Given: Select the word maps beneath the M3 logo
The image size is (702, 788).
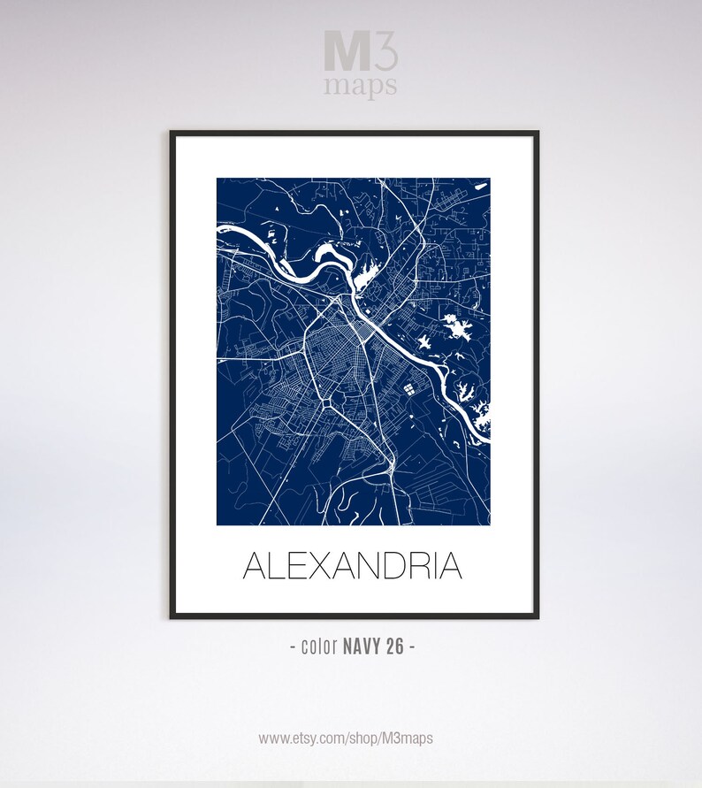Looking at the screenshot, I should pos(360,86).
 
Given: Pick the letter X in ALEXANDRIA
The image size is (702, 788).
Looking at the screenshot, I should pos(322,566).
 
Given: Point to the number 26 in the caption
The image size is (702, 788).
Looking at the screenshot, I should pos(394,646).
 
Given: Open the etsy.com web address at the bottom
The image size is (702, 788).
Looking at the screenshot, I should pos(346,738).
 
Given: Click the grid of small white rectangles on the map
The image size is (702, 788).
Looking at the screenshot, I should pos(409,387).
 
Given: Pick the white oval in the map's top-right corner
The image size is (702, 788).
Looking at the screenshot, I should pos(481,186).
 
